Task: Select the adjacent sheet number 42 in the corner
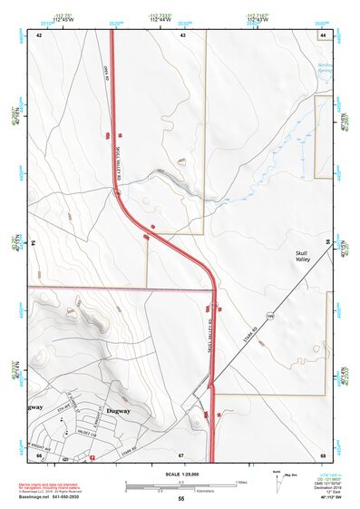pos(39,34)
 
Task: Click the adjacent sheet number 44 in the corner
pos(322,34)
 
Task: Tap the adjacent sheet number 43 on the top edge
pos(182,34)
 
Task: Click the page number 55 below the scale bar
pos(181,499)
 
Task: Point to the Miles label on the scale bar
pos(241,481)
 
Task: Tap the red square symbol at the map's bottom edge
pos(92,457)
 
